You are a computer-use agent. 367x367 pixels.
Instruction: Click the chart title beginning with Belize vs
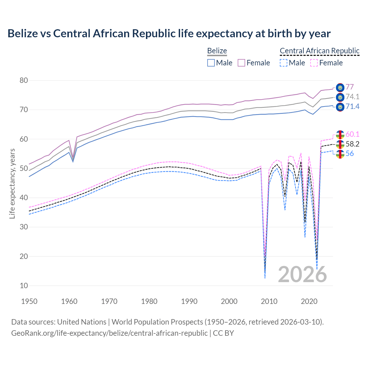[x=169, y=34]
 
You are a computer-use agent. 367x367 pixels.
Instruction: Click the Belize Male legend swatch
[x=211, y=63]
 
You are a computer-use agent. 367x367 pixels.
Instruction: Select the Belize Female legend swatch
[x=241, y=63]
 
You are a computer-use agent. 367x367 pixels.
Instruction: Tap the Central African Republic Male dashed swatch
[x=283, y=63]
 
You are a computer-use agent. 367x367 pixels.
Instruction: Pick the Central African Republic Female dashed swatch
[x=314, y=63]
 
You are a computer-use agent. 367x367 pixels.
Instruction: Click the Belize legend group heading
[x=217, y=51]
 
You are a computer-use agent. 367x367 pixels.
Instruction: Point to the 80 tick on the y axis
[x=24, y=80]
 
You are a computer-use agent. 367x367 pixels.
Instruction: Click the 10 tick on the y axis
[x=24, y=286]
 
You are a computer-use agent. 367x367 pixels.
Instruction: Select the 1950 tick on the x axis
[x=29, y=301]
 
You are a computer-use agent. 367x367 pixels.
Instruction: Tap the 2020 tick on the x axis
[x=309, y=301]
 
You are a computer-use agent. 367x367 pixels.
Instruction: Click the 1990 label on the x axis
[x=189, y=301]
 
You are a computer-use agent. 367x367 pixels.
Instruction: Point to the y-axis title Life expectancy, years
[x=12, y=183]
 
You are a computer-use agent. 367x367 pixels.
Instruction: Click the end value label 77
[x=350, y=87]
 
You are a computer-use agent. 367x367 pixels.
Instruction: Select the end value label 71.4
[x=352, y=107]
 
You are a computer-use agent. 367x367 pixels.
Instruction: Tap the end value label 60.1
[x=352, y=134]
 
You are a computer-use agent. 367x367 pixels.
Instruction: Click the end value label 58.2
[x=352, y=144]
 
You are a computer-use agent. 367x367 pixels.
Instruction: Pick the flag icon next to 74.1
[x=340, y=97]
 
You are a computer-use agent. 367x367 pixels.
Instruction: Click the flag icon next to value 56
[x=340, y=154]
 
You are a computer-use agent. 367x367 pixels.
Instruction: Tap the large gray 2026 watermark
[x=302, y=274]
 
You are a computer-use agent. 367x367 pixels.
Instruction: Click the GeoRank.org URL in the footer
[x=109, y=333]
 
